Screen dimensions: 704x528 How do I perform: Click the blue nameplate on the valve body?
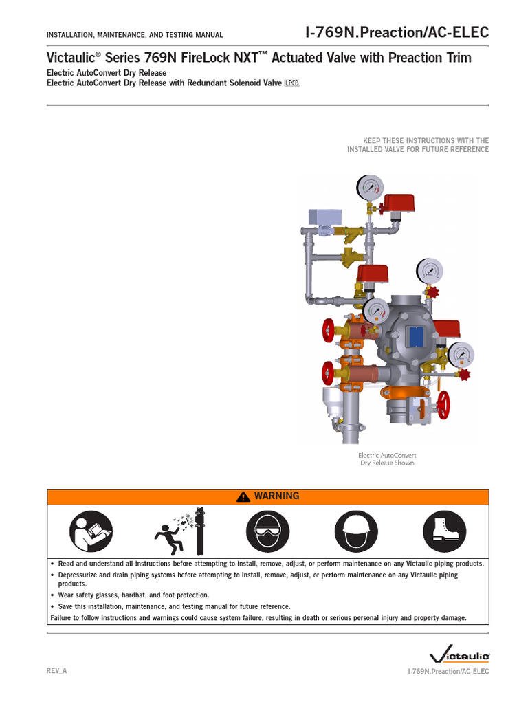point(416,335)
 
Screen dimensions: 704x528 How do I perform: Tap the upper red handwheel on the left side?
point(329,329)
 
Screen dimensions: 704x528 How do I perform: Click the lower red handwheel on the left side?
point(328,373)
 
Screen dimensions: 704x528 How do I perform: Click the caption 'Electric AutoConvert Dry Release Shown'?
point(387,459)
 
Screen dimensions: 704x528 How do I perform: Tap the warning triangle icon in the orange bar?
point(242,497)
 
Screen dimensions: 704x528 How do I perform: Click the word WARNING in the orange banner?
point(276,496)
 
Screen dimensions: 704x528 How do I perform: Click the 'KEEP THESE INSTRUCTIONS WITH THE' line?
point(426,140)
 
